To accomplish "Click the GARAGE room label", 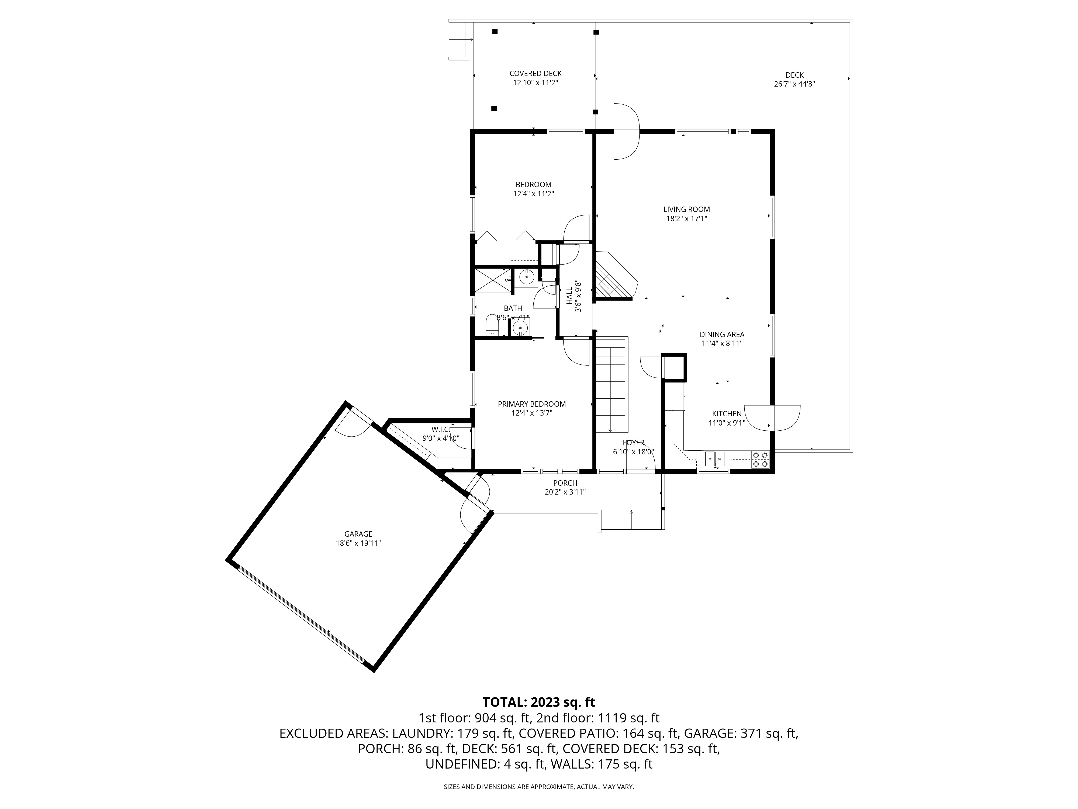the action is (358, 534).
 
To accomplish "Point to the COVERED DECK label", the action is (535, 74).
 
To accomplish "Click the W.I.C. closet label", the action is (440, 429).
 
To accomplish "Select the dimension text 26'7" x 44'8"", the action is (794, 84).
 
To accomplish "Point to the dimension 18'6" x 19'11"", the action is (358, 543).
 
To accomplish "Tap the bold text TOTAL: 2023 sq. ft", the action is (538, 702).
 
